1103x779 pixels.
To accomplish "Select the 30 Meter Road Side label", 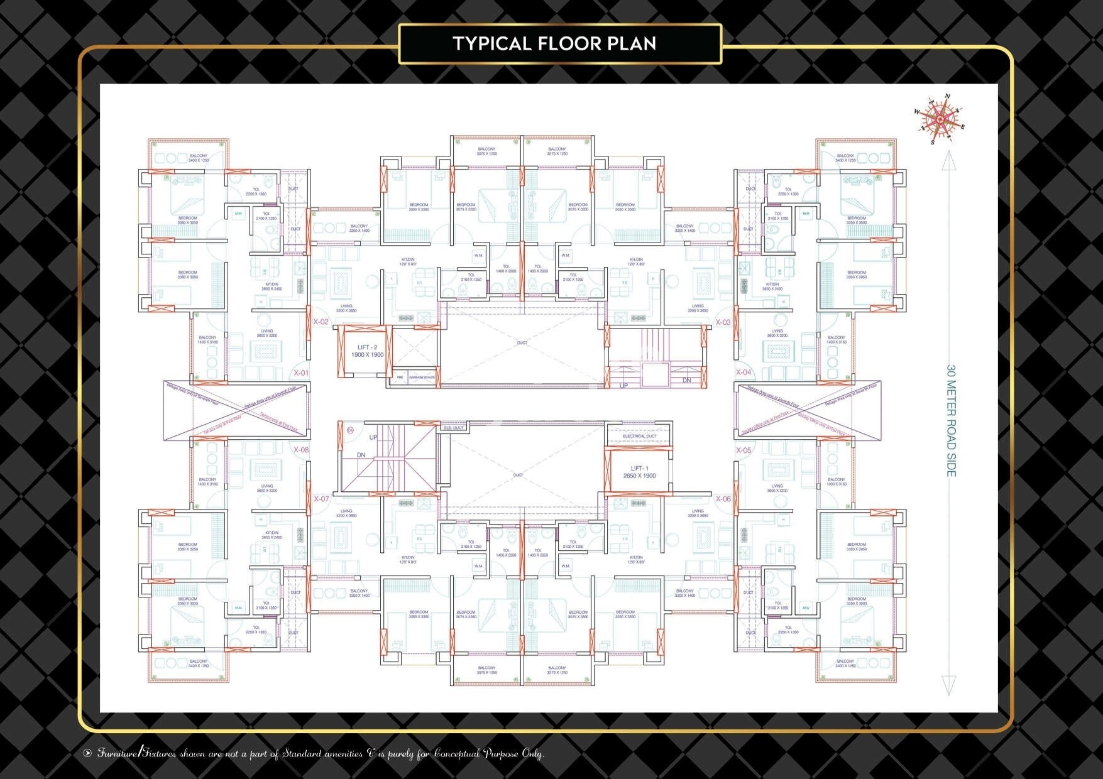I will pos(951,420).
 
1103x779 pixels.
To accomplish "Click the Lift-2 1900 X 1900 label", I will pos(366,351).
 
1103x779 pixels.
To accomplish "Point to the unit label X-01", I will pos(302,373).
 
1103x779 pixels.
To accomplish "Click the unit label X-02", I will pos(321,322).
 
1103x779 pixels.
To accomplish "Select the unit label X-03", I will pos(723,322).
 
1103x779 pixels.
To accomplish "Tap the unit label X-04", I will pos(744,373).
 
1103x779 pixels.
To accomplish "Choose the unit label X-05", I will pos(744,450).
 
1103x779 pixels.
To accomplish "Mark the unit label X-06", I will pos(723,499).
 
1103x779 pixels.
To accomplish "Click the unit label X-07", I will pos(321,499).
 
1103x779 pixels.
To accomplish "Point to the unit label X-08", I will pos(302,450).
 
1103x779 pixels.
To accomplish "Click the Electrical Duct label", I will pos(639,436).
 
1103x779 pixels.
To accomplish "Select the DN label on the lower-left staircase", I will pos(361,455).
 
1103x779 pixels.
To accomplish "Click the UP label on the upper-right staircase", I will pos(624,385).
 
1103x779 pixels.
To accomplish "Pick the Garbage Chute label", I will pos(421,378).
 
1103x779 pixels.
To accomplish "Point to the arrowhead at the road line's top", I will pos(948,161).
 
